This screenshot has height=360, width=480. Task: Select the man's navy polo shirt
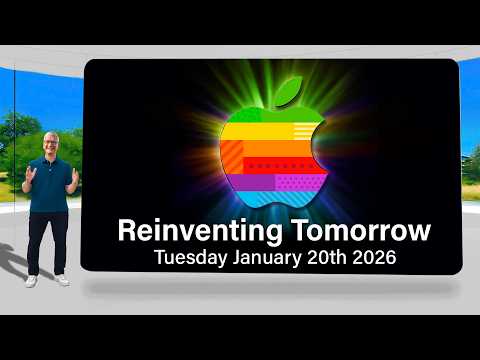(x=50, y=185)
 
